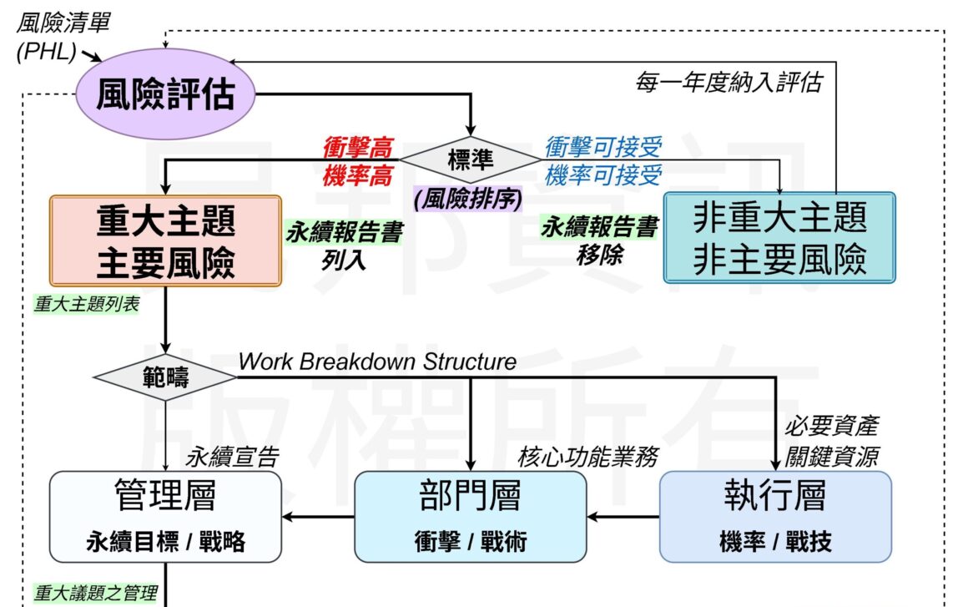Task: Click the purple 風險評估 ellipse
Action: click(x=164, y=95)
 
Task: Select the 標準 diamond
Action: click(x=471, y=160)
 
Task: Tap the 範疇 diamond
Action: click(x=164, y=377)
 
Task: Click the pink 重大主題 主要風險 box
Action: click(x=164, y=240)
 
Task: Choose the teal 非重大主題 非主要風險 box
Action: click(x=779, y=237)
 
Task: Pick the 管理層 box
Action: click(x=165, y=517)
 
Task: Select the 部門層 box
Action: click(x=471, y=517)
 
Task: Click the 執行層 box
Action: click(x=775, y=517)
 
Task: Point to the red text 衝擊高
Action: click(x=357, y=148)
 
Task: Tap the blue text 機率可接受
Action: click(x=603, y=175)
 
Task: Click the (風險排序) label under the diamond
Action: click(x=467, y=200)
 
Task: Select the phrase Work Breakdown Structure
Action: click(x=377, y=362)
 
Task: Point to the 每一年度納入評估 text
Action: click(x=727, y=83)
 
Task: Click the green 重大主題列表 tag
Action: click(x=87, y=304)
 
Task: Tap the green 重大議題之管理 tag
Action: click(x=95, y=594)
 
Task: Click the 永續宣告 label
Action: click(x=232, y=457)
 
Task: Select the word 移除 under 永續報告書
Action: click(x=599, y=255)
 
